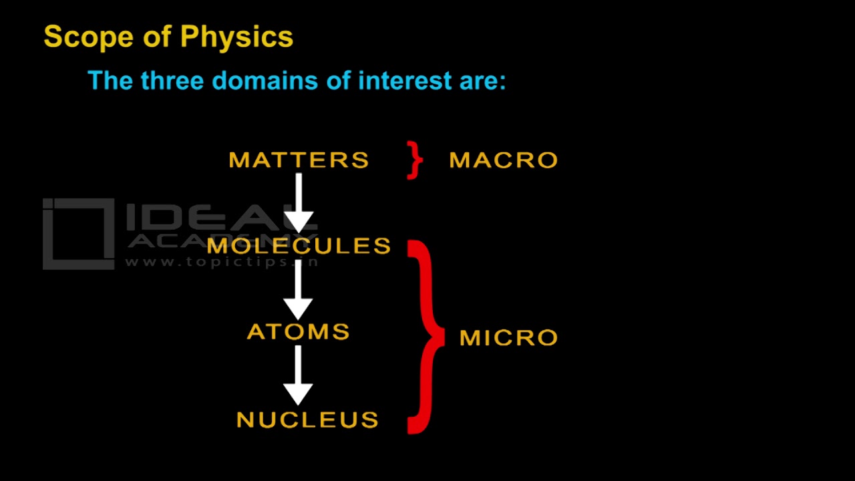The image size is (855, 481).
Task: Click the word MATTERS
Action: click(x=299, y=160)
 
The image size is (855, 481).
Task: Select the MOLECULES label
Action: click(x=299, y=246)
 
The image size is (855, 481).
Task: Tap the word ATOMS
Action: click(x=299, y=332)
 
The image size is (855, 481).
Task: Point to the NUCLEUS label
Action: click(x=308, y=420)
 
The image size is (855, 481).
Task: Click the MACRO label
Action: click(x=503, y=160)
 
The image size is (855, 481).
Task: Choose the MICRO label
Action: click(x=508, y=338)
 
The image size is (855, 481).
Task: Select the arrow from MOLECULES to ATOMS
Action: click(x=299, y=289)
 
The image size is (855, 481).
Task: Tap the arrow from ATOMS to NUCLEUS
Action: click(x=299, y=375)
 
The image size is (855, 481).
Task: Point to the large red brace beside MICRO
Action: click(x=425, y=337)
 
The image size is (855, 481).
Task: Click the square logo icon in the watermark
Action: click(x=78, y=234)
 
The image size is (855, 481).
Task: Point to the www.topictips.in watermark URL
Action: click(x=220, y=263)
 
